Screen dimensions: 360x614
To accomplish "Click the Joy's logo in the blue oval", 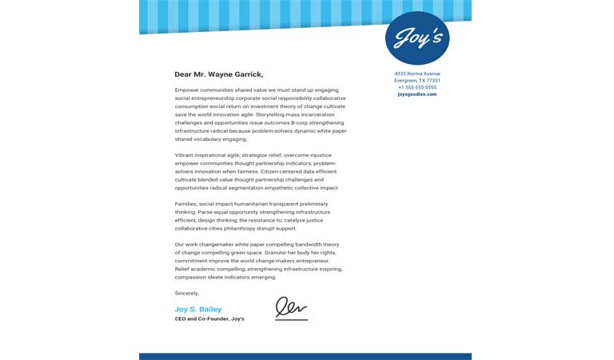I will click(x=417, y=38).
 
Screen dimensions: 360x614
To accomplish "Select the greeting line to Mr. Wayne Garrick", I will click(x=218, y=74).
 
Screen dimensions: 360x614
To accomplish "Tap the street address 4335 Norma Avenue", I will click(x=417, y=74).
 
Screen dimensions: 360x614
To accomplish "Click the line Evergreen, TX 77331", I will click(x=417, y=81).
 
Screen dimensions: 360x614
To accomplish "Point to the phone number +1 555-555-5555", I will click(x=417, y=87).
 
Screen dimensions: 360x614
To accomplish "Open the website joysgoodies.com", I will click(x=417, y=94).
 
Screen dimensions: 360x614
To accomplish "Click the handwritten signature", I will click(x=291, y=309).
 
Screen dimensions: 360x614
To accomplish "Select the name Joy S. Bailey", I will click(x=198, y=309).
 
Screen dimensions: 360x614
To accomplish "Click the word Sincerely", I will click(x=187, y=294).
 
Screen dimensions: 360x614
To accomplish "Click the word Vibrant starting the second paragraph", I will click(x=186, y=154).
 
